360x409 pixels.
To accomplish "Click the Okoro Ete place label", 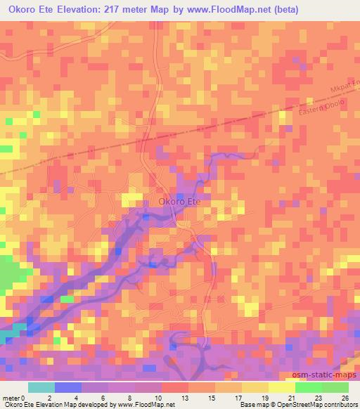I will click(x=179, y=202).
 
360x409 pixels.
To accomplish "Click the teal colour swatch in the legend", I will click(x=41, y=387).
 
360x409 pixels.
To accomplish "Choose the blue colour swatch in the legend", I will click(x=67, y=387).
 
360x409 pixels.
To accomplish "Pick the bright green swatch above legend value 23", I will click(x=308, y=387).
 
